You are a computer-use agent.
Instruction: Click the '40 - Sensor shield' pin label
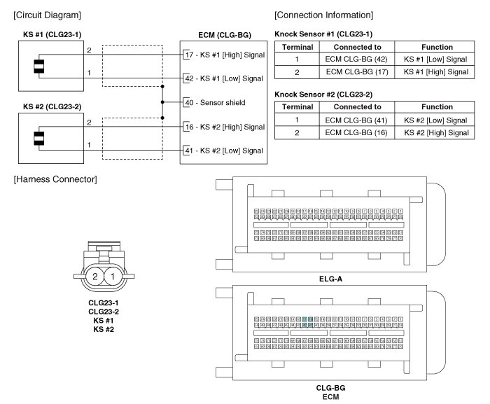214,102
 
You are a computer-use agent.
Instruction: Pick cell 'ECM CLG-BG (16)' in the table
357,132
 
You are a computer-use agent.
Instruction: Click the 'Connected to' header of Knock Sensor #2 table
357,107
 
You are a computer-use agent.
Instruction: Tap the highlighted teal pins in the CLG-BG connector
308,322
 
